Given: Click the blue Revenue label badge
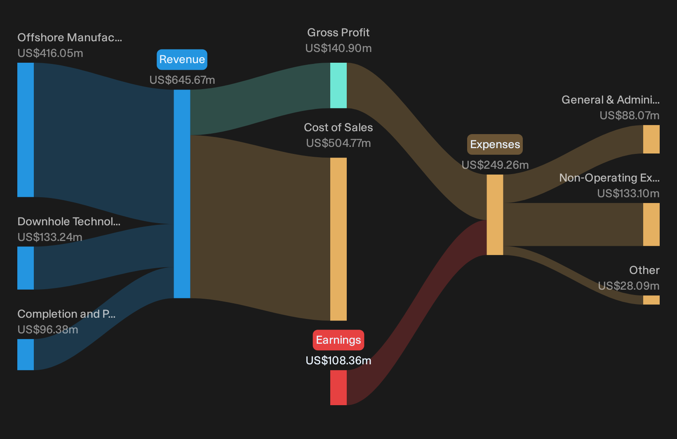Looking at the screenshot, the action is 182,59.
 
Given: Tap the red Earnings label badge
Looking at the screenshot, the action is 338,340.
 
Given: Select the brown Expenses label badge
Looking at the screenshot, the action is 495,144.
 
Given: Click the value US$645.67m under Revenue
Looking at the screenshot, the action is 182,80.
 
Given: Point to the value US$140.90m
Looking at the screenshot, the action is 338,48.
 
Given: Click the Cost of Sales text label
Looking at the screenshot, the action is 338,127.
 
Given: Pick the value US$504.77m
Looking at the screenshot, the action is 338,143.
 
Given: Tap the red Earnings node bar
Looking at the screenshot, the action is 338,387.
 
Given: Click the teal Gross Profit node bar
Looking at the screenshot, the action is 338,85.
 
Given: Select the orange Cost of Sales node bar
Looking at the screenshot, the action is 338,239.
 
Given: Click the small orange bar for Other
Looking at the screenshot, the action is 651,300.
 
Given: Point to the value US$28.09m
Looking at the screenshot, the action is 629,286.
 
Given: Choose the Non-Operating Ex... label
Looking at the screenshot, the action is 609,178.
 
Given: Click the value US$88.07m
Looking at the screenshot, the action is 630,115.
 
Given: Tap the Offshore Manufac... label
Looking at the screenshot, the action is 70,38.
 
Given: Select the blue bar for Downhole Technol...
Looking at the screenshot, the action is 26,268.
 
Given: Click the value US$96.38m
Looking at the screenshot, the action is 48,330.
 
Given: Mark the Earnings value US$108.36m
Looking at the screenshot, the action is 338,361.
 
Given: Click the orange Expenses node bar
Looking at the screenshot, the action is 495,215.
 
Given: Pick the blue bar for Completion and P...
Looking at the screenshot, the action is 26,354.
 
